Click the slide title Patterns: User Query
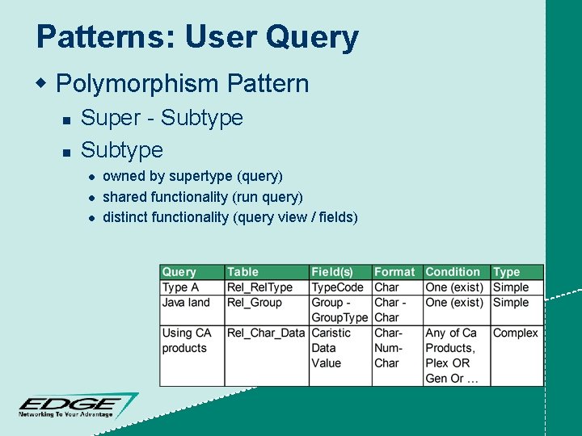click(x=197, y=38)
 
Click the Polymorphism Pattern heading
click(x=183, y=83)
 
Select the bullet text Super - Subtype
click(x=162, y=118)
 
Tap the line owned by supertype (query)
click(x=192, y=176)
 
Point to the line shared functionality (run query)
click(x=203, y=196)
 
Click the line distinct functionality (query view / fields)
click(x=230, y=216)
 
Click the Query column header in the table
click(x=179, y=272)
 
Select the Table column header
click(x=243, y=272)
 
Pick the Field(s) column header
click(x=332, y=272)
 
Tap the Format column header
click(x=394, y=272)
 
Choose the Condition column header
click(x=453, y=272)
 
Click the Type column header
click(x=507, y=272)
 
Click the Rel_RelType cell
click(x=259, y=287)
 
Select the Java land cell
click(x=186, y=303)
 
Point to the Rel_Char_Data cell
click(x=266, y=333)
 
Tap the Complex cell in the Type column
click(x=515, y=333)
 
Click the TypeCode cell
click(x=338, y=287)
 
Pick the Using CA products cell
click(x=187, y=340)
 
